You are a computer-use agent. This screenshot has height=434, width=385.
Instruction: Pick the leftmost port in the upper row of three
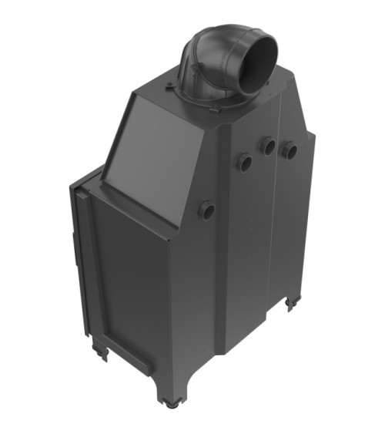244,162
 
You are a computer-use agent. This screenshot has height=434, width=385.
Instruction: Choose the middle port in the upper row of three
268,145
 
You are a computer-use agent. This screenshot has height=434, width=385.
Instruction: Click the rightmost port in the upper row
290,150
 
